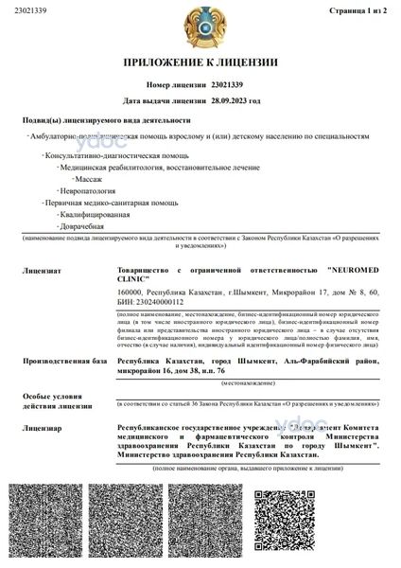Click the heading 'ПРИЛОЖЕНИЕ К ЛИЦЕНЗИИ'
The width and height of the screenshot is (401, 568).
click(200, 62)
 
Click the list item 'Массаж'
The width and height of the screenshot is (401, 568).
click(89, 177)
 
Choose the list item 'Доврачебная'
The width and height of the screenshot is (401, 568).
click(83, 226)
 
